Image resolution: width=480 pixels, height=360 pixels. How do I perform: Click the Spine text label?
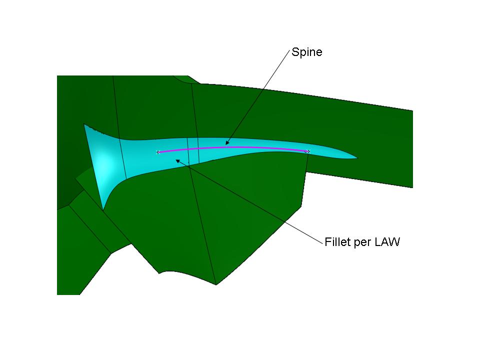pyautogui.click(x=306, y=52)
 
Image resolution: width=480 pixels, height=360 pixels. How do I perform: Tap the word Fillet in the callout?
pyautogui.click(x=337, y=242)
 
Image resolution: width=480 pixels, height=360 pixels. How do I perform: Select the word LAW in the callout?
pyautogui.click(x=387, y=242)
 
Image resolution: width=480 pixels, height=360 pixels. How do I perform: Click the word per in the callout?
pyautogui.click(x=363, y=243)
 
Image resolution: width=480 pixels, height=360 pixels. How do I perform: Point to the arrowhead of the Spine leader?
pyautogui.click(x=227, y=143)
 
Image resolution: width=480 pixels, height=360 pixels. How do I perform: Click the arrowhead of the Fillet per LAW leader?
pyautogui.click(x=177, y=160)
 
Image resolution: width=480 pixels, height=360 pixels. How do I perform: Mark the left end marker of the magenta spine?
pyautogui.click(x=158, y=152)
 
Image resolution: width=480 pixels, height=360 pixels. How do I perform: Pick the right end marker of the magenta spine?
pyautogui.click(x=308, y=151)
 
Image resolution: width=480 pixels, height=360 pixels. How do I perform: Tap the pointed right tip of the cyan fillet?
pyautogui.click(x=357, y=158)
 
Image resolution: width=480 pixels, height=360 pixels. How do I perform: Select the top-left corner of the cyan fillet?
pyautogui.click(x=84, y=124)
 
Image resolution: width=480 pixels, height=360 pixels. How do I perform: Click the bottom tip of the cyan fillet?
pyautogui.click(x=103, y=210)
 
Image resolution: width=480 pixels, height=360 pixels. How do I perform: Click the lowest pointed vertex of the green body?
pyautogui.click(x=216, y=284)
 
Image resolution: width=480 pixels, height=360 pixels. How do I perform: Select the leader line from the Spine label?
pyautogui.click(x=258, y=97)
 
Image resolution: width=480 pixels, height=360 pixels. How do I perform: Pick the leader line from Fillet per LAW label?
pyautogui.click(x=249, y=201)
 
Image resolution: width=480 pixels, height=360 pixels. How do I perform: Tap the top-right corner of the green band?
pyautogui.click(x=412, y=110)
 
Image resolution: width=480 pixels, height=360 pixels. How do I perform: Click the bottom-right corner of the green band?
pyautogui.click(x=412, y=187)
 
